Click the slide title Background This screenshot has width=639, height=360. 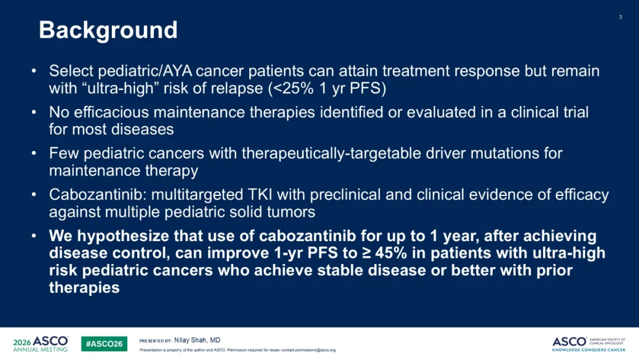click(x=108, y=30)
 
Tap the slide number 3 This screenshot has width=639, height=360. click(x=620, y=17)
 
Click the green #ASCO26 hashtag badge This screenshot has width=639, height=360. click(x=104, y=343)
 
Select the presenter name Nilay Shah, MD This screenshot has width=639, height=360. click(x=197, y=340)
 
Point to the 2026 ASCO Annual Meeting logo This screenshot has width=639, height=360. click(x=40, y=343)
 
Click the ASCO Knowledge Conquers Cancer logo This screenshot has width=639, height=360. click(x=589, y=344)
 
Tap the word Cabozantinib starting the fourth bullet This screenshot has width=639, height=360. click(x=97, y=194)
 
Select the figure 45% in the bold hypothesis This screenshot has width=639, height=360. click(x=391, y=253)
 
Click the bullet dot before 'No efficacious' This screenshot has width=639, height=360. click(x=34, y=112)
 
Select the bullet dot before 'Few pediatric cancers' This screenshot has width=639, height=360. click(x=34, y=153)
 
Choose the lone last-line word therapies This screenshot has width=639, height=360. click(x=85, y=288)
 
